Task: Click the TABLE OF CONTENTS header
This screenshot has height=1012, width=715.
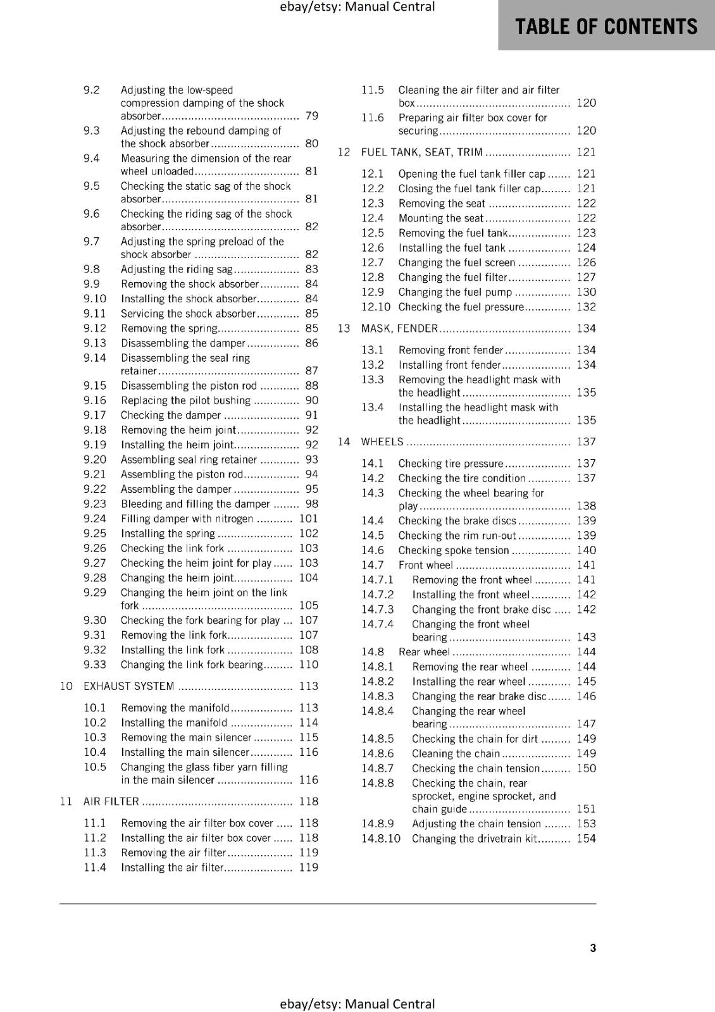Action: tap(606, 27)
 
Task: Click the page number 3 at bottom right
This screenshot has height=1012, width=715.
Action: tap(593, 947)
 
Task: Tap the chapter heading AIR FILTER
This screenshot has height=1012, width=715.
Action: tap(111, 801)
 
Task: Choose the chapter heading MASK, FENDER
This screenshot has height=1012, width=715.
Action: tap(399, 328)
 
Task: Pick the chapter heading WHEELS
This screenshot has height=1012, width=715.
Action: tap(382, 441)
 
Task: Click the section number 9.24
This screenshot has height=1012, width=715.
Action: tap(95, 519)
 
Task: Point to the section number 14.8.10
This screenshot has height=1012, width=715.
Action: tap(381, 839)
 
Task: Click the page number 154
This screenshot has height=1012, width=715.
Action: tap(586, 839)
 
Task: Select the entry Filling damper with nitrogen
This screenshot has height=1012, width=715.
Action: tap(187, 519)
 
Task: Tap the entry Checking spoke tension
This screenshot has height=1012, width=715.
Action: tap(453, 550)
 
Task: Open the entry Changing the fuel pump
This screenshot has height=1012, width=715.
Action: tap(455, 292)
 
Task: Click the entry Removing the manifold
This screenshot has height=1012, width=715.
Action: tap(175, 708)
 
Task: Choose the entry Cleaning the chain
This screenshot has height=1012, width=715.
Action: tap(456, 753)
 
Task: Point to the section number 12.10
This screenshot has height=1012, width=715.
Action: tap(376, 307)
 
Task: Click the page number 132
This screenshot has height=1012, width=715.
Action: tap(586, 307)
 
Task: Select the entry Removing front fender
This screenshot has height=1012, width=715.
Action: tap(451, 350)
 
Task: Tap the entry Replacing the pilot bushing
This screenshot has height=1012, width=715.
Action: tap(185, 400)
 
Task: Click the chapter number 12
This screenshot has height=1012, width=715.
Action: tap(344, 152)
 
